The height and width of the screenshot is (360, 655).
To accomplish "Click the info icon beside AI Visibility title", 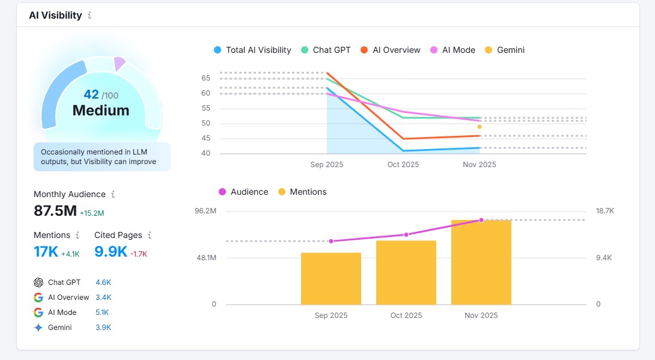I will tap(90, 16).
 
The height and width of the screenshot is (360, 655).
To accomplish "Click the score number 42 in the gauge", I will tap(91, 94).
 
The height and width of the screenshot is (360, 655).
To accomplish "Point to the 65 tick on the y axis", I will tap(206, 78).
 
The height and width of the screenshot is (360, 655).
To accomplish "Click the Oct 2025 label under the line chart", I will tap(403, 164).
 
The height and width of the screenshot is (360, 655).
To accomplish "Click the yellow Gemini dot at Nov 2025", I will tap(480, 127).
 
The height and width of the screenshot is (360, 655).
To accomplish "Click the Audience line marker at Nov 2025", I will tap(481, 220).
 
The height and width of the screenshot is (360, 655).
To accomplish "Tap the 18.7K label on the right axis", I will tap(605, 211).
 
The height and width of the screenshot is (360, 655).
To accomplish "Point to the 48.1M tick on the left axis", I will tap(206, 258).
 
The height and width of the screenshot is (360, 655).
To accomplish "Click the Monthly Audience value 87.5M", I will tap(55, 211).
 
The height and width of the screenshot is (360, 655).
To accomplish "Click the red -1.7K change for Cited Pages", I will tap(139, 254).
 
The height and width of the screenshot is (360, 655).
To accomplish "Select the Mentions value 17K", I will tap(46, 252).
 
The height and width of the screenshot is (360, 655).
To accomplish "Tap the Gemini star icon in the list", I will tap(38, 328).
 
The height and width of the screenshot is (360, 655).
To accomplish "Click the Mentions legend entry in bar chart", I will tap(308, 192).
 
